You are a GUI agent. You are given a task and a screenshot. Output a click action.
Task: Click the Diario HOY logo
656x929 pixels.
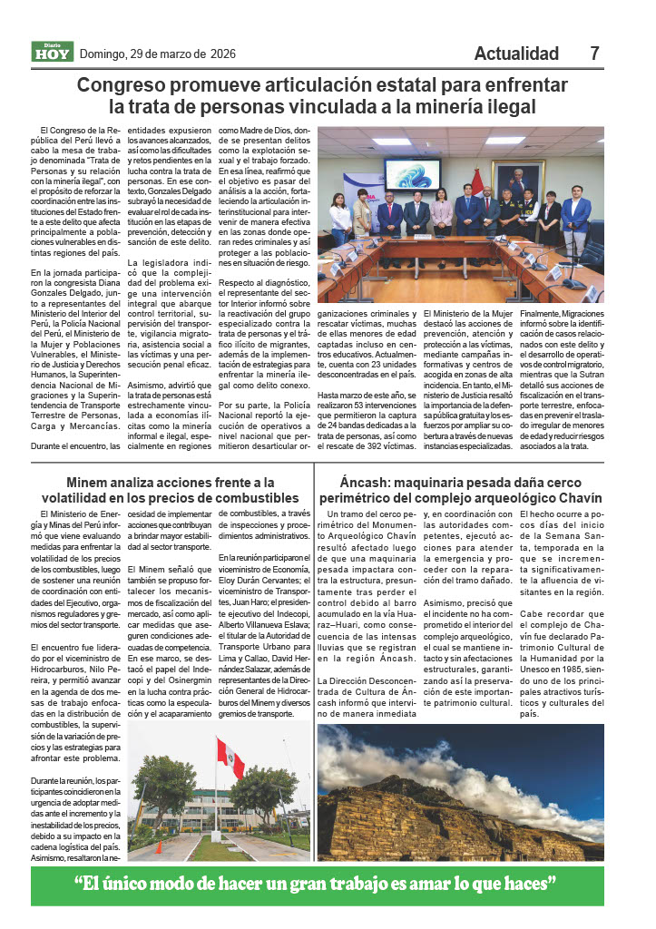click(x=52, y=53)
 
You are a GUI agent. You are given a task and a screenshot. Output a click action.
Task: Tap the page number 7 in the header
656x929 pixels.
click(x=594, y=54)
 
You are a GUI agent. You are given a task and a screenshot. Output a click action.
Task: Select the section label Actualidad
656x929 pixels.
click(x=516, y=54)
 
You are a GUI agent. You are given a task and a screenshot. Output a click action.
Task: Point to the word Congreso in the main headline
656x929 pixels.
click(x=119, y=85)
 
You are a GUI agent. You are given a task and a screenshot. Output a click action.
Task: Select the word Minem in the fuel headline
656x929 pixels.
click(x=89, y=483)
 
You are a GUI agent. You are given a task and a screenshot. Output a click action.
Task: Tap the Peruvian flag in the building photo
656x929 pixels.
click(x=230, y=758)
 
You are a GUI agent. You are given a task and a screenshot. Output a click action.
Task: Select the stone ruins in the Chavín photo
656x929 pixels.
click(x=436, y=821)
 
